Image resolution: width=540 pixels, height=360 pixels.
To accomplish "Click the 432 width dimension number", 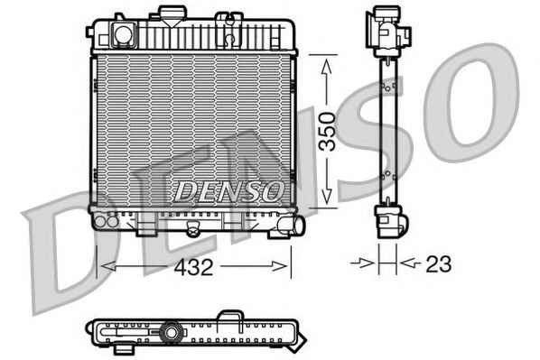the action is pos(193,267).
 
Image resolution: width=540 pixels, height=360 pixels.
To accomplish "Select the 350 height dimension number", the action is pos(327,132).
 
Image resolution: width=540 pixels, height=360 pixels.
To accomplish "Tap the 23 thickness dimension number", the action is pos(438,264).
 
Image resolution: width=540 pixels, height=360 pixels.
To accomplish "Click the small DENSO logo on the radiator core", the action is pos(228,191).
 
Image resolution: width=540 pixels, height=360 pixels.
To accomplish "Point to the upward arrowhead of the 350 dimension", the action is pos(327,66).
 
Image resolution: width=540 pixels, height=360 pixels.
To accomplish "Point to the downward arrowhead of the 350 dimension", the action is pos(327,196).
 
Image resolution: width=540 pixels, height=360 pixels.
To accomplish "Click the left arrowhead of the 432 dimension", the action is pos(107,266).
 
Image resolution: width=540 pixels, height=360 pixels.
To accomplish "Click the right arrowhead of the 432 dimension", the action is pos(279,266).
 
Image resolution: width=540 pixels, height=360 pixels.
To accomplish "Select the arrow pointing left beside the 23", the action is pos(411,263).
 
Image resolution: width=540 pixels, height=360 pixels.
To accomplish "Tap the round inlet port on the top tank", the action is pos(123,34).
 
